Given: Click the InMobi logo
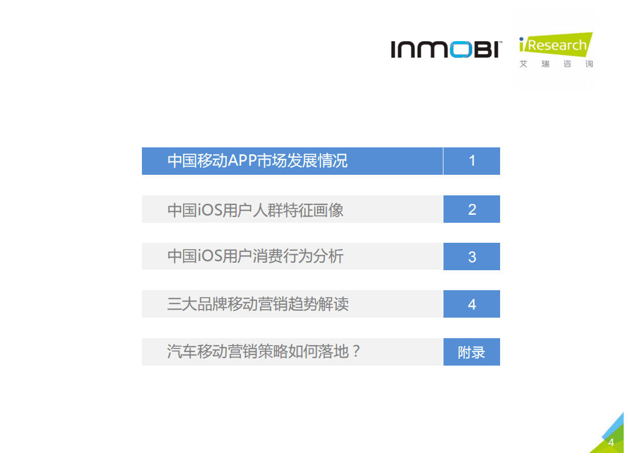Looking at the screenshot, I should pyautogui.click(x=446, y=49).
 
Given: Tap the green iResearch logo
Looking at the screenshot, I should pyautogui.click(x=555, y=45).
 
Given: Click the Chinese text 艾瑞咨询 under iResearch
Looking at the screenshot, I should pyautogui.click(x=556, y=64).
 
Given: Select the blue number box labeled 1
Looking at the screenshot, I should pyautogui.click(x=471, y=161).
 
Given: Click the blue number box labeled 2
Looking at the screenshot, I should pyautogui.click(x=471, y=209).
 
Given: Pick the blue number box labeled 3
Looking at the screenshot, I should pyautogui.click(x=471, y=256).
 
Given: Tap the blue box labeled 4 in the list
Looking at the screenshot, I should pyautogui.click(x=471, y=304).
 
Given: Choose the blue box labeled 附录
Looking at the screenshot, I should pyautogui.click(x=471, y=352).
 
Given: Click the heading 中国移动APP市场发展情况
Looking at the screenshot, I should pyautogui.click(x=257, y=161).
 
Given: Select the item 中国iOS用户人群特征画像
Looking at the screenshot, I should pyautogui.click(x=255, y=210).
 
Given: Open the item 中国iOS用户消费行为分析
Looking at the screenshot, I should pyautogui.click(x=255, y=256).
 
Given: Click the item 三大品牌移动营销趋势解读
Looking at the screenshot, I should pyautogui.click(x=257, y=304).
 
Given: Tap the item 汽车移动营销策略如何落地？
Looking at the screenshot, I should pyautogui.click(x=264, y=351).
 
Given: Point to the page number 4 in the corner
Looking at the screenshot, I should pyautogui.click(x=611, y=443).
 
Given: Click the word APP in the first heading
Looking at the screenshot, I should pyautogui.click(x=243, y=161).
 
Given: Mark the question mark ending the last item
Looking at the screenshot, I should pyautogui.click(x=355, y=351).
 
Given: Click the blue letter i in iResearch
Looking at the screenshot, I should pyautogui.click(x=522, y=44).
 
